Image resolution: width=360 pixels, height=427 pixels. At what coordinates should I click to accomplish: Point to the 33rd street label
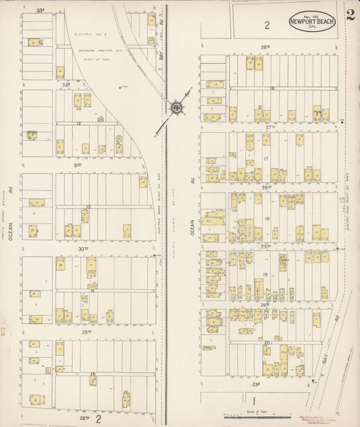41,10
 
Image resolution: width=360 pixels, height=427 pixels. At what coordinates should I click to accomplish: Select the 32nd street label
66,84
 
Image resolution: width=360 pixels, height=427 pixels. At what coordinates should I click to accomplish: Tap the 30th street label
83,249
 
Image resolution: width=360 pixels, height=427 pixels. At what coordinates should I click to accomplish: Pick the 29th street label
87,332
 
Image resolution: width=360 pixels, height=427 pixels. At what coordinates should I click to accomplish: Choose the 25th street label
266,247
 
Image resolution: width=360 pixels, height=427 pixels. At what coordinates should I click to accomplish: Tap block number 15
92,374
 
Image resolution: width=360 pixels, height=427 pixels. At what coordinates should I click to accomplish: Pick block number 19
265,275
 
